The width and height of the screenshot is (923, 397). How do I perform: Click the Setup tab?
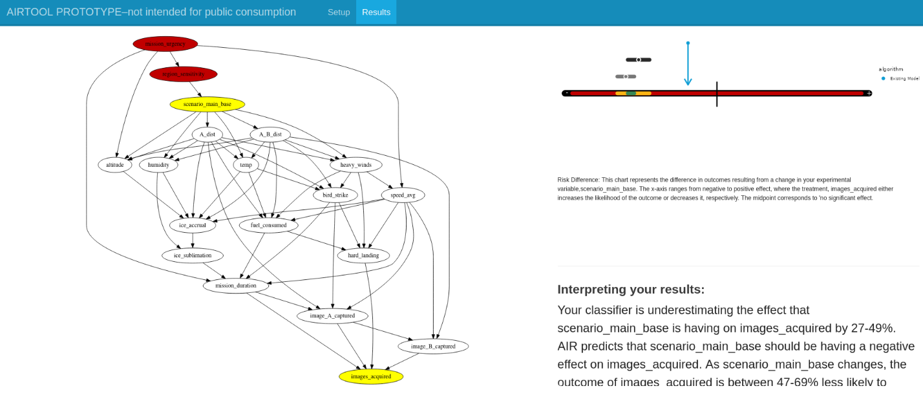[x=338, y=12]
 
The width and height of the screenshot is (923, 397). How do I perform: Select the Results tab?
[x=376, y=12]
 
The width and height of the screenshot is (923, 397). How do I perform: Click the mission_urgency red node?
[x=165, y=44]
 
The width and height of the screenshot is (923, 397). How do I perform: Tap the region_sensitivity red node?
[x=183, y=74]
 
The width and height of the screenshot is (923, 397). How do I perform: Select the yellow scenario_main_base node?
[x=207, y=104]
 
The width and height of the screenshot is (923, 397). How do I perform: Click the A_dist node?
[x=207, y=134]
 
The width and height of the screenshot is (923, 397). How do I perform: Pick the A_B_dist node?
[x=270, y=134]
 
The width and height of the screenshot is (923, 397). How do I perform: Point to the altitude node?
[x=115, y=165]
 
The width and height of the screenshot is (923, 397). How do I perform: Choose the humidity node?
[x=158, y=165]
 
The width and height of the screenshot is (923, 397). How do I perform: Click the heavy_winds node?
[x=355, y=165]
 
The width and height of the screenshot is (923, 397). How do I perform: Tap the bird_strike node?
[x=335, y=195]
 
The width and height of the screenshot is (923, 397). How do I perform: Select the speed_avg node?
[x=403, y=195]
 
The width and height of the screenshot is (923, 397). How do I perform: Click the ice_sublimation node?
[x=193, y=255]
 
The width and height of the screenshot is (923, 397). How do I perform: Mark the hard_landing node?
[x=363, y=255]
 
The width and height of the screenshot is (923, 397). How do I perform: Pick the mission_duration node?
[x=235, y=285]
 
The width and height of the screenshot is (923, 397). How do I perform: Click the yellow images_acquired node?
[x=370, y=376]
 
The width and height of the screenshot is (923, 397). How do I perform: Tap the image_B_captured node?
[x=432, y=346]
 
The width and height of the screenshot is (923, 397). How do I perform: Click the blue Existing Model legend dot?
[x=884, y=78]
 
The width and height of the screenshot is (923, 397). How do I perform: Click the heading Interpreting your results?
[x=631, y=289]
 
